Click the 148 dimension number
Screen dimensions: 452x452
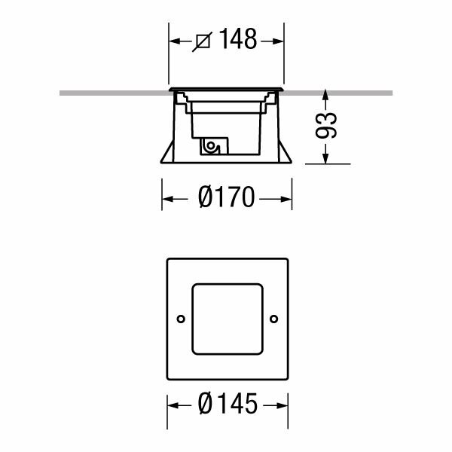tap(238, 39)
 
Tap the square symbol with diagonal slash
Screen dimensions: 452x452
tap(203, 41)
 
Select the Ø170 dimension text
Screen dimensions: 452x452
tap(227, 197)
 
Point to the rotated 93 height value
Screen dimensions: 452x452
tap(325, 125)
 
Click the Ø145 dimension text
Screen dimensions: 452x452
tap(228, 404)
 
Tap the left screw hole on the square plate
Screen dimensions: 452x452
tap(181, 319)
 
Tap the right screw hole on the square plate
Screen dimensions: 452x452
tap(274, 319)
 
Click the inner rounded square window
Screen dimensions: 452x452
tap(228, 284)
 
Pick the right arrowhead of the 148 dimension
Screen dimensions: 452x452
tap(276, 41)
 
